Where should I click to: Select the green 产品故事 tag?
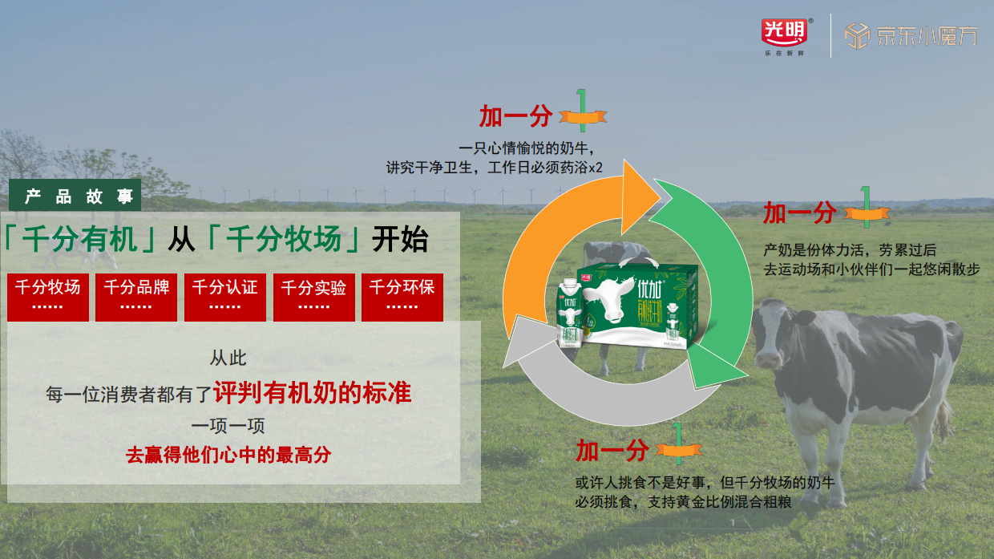(75, 196)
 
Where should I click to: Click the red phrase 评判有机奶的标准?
(312, 393)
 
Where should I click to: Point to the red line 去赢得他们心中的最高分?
(228, 455)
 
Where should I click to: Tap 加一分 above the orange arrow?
(515, 116)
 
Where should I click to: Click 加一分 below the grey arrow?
(611, 451)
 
